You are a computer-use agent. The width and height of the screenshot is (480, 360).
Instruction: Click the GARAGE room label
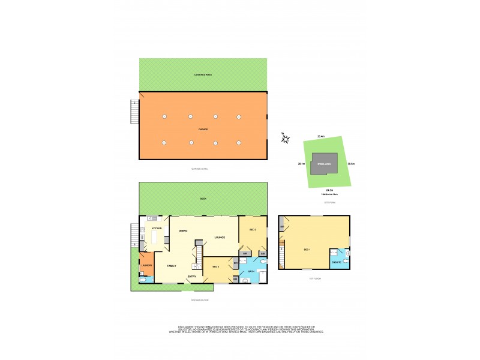tap(203, 129)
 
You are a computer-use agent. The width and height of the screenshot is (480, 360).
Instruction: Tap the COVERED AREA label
tap(203, 74)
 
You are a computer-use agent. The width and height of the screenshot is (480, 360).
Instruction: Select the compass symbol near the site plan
tap(285, 139)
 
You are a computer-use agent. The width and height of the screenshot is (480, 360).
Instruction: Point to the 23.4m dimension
tap(321, 137)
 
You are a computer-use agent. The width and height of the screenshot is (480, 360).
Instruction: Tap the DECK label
tap(203, 199)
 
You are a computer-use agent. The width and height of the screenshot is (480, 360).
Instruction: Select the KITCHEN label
tap(157, 229)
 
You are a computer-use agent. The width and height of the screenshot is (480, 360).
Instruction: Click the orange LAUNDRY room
tap(146, 266)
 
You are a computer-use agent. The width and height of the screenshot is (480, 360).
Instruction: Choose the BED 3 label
tap(253, 229)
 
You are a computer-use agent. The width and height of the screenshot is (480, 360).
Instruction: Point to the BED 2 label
tap(215, 266)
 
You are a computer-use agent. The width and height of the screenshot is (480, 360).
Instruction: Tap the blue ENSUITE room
tap(336, 260)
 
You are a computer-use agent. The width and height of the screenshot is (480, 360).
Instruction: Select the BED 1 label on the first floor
tap(308, 249)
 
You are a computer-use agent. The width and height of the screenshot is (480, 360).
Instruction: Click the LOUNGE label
tap(220, 237)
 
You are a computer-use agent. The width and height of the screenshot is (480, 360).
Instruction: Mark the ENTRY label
tap(192, 276)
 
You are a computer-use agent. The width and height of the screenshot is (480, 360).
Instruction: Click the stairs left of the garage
tap(135, 111)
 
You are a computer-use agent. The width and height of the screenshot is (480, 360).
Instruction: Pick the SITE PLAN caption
tap(329, 203)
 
